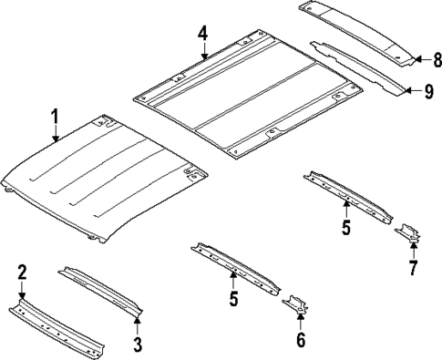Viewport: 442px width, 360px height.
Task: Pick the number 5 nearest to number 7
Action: [x=346, y=228]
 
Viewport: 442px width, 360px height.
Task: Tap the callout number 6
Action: [x=302, y=341]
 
